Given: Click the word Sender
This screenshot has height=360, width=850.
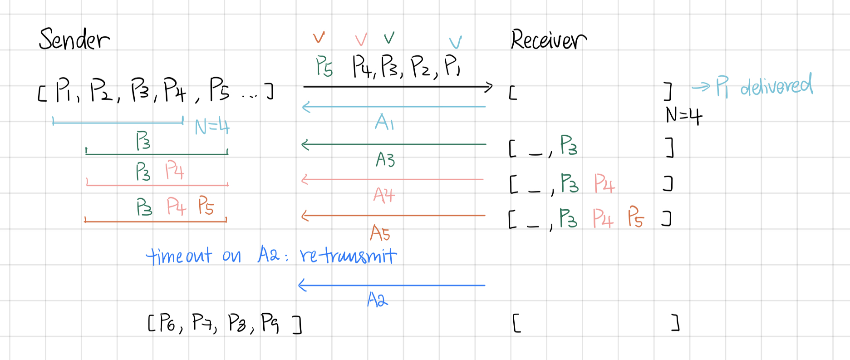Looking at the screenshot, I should (x=74, y=39).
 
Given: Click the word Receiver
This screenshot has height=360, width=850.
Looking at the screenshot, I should (x=548, y=40).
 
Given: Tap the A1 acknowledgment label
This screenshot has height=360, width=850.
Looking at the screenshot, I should (x=384, y=122).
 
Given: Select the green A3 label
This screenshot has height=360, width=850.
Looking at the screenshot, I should (x=385, y=159).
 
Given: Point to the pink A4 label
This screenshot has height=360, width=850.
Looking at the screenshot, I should (x=384, y=195).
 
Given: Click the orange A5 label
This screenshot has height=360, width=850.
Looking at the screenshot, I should (x=380, y=233).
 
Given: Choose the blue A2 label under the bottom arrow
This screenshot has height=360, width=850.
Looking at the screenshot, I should (x=378, y=300).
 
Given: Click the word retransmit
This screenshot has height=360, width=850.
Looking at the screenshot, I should (x=348, y=256).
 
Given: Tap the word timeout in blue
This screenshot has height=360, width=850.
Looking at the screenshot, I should (x=179, y=256).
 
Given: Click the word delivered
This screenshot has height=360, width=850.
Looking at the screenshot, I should (x=776, y=85).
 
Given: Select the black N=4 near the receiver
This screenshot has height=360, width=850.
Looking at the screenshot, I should (x=683, y=116).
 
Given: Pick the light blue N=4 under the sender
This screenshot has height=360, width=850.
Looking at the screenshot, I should (x=212, y=126).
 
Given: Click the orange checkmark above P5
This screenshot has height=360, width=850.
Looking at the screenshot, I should (x=319, y=37).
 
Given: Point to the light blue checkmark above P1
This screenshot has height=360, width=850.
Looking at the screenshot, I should (x=455, y=42).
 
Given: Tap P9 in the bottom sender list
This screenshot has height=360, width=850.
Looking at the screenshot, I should (x=270, y=323).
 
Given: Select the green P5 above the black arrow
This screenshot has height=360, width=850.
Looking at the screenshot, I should (x=324, y=66).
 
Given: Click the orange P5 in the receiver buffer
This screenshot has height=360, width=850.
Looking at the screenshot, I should (x=636, y=217).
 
